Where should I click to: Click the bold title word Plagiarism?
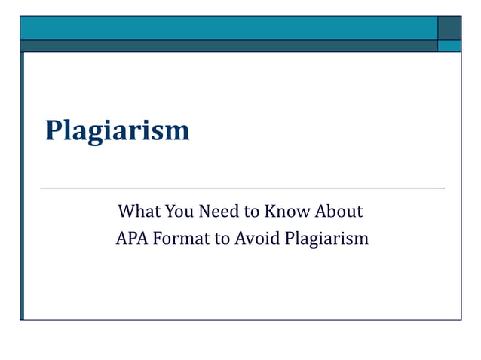(117, 131)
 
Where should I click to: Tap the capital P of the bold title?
(54, 130)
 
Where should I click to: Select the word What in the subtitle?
(139, 211)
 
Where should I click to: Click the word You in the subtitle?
(181, 211)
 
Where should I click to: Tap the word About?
(338, 211)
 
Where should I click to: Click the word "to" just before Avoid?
(222, 239)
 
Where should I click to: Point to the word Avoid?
(256, 239)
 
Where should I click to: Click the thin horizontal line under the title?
(241, 188)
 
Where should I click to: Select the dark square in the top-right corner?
(449, 27)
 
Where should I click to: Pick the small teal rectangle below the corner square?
(449, 45)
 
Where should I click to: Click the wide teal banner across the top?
(226, 27)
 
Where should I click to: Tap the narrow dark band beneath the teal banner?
(226, 45)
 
